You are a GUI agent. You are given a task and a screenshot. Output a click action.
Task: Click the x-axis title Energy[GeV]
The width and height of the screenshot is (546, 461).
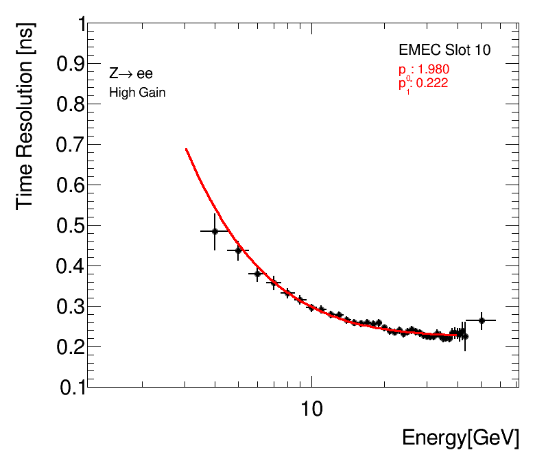point(460,438)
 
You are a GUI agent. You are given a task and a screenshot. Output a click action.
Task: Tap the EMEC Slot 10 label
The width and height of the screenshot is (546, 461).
point(444,50)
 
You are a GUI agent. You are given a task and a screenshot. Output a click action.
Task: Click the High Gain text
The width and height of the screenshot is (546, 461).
point(137,92)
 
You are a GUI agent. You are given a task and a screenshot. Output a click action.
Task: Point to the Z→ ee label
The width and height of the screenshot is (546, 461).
point(131,74)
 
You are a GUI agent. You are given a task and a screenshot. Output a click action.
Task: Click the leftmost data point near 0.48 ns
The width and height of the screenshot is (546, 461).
point(215,231)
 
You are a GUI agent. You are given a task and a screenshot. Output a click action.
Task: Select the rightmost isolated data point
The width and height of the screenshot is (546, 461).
point(482,320)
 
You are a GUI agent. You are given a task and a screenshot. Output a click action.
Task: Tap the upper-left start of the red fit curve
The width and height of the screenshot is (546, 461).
point(186,149)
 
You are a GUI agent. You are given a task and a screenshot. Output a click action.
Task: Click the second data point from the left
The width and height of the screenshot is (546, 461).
point(238,250)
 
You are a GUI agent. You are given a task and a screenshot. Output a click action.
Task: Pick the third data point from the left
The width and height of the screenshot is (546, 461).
point(258,274)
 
